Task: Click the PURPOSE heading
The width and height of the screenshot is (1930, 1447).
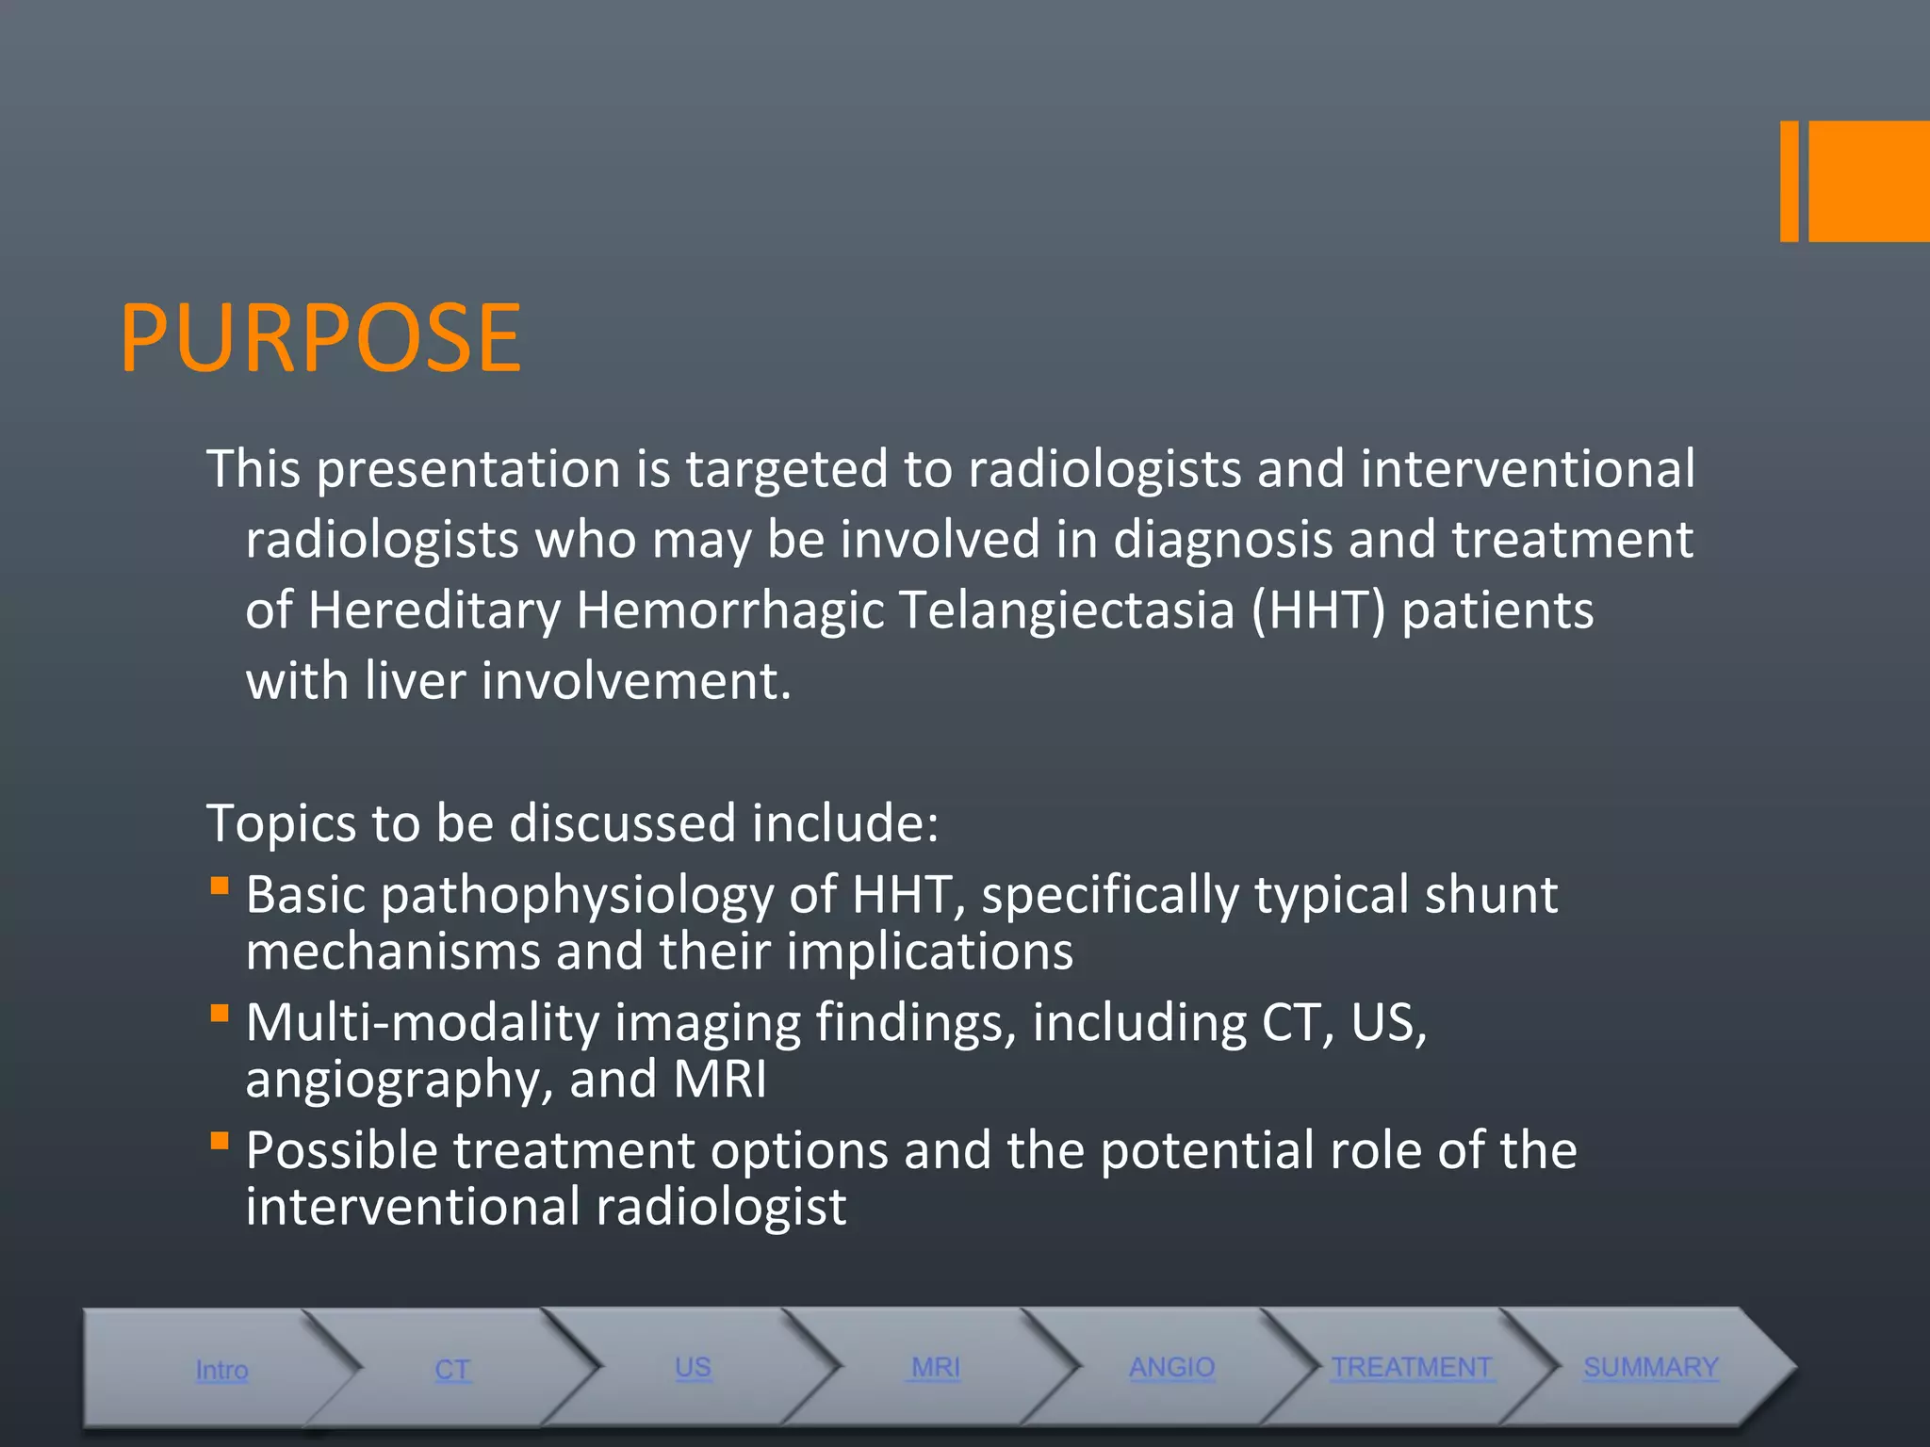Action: coord(320,337)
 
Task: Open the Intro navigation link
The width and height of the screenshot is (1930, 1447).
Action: coord(221,1370)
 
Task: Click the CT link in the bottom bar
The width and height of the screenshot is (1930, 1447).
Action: coord(452,1370)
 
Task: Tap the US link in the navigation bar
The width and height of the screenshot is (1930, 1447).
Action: coord(693,1368)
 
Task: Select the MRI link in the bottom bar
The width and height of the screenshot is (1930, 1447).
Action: coord(935,1368)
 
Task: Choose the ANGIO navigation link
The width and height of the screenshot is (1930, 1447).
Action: coord(1171,1368)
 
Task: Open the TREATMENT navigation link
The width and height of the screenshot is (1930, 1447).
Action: coord(1411,1368)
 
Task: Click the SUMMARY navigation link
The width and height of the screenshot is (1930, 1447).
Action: coord(1650,1368)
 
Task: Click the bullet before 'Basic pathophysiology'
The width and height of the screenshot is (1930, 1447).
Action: coord(220,886)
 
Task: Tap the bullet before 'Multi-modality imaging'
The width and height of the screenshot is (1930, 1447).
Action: coord(220,1014)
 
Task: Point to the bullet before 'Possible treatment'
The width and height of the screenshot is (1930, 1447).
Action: coord(220,1142)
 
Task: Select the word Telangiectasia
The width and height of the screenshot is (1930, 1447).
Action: coord(1066,610)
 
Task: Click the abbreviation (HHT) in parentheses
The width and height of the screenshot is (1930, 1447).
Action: coord(1318,610)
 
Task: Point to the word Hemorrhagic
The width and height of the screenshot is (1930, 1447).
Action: coord(729,610)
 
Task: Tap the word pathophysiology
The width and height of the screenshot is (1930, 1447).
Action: coord(577,895)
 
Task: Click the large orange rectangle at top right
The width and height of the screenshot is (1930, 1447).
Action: coord(1869,181)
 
